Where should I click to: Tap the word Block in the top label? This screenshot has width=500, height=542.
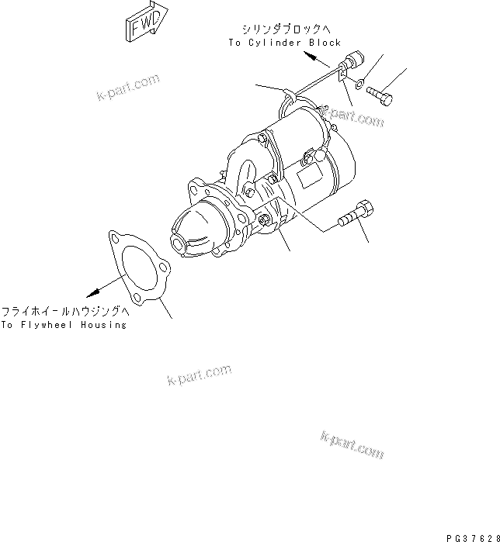(324, 43)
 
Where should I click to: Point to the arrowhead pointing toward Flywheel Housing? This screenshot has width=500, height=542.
(93, 292)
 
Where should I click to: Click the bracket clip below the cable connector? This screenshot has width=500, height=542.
(344, 79)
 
